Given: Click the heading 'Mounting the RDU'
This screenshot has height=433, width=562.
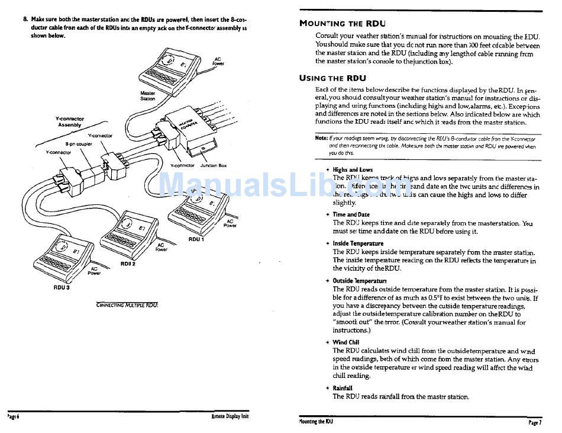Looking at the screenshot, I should pos(343,24).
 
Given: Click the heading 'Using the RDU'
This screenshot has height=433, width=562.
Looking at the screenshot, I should pos(332,78).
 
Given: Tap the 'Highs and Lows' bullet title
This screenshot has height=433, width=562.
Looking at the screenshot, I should pos(353,170).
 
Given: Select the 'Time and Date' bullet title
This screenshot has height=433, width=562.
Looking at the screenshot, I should pos(351,214).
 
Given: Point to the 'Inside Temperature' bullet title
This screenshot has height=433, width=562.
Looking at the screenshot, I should pos(358,243).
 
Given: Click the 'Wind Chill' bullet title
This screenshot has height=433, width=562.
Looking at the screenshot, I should pos(345,342).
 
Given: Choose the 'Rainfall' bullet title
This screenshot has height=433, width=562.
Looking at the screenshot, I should pos(343,388).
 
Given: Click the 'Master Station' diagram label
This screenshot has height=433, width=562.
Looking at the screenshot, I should pos(147,96).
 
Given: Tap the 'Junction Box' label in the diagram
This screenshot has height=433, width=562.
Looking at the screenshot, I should pos(214,166).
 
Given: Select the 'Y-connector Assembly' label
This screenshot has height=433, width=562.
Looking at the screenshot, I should pos(70,122).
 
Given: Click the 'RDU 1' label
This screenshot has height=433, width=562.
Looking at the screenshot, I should pos(196,239).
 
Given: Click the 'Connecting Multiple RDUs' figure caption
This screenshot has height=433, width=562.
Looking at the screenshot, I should pos(127,305).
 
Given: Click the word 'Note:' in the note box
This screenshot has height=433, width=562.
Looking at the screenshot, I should pos(321,138).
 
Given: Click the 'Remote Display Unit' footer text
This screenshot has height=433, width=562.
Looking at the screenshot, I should pos(230,416).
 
